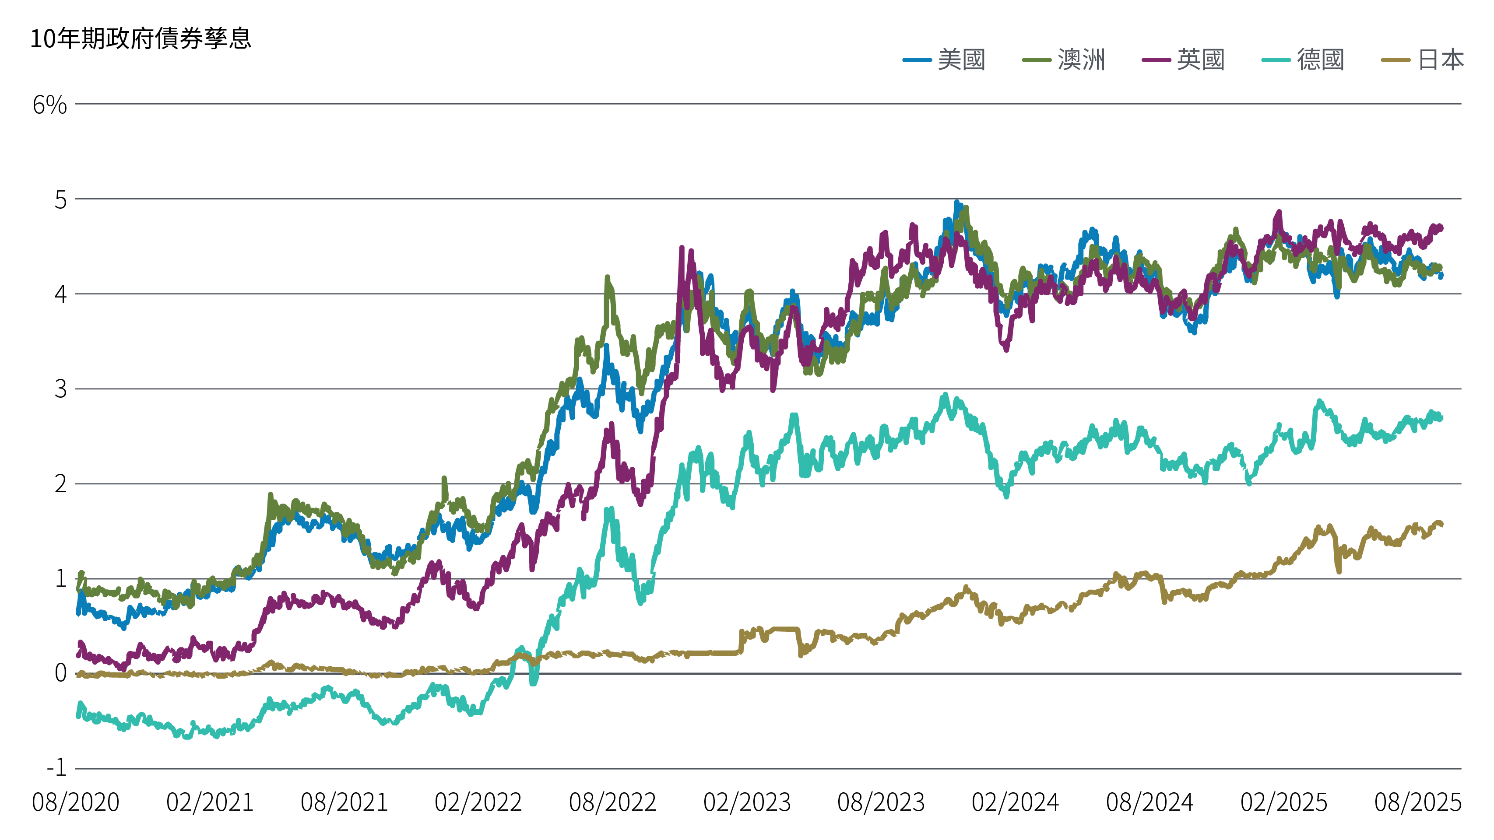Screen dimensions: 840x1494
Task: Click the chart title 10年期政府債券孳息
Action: [141, 39]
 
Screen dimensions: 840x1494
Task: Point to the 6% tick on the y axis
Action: [50, 105]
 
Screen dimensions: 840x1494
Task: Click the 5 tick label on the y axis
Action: [60, 200]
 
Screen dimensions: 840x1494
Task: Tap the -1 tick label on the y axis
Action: [57, 768]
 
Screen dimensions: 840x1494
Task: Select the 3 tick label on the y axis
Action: [60, 389]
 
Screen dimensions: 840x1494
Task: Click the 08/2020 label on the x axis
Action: [76, 803]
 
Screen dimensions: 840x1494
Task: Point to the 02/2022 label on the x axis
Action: [478, 803]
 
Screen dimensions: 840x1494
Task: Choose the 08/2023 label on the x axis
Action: [881, 803]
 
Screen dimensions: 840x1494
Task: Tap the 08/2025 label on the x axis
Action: [1417, 803]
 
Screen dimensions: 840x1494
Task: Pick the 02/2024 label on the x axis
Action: [1016, 803]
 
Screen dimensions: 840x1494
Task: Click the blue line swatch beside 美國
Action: [917, 59]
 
